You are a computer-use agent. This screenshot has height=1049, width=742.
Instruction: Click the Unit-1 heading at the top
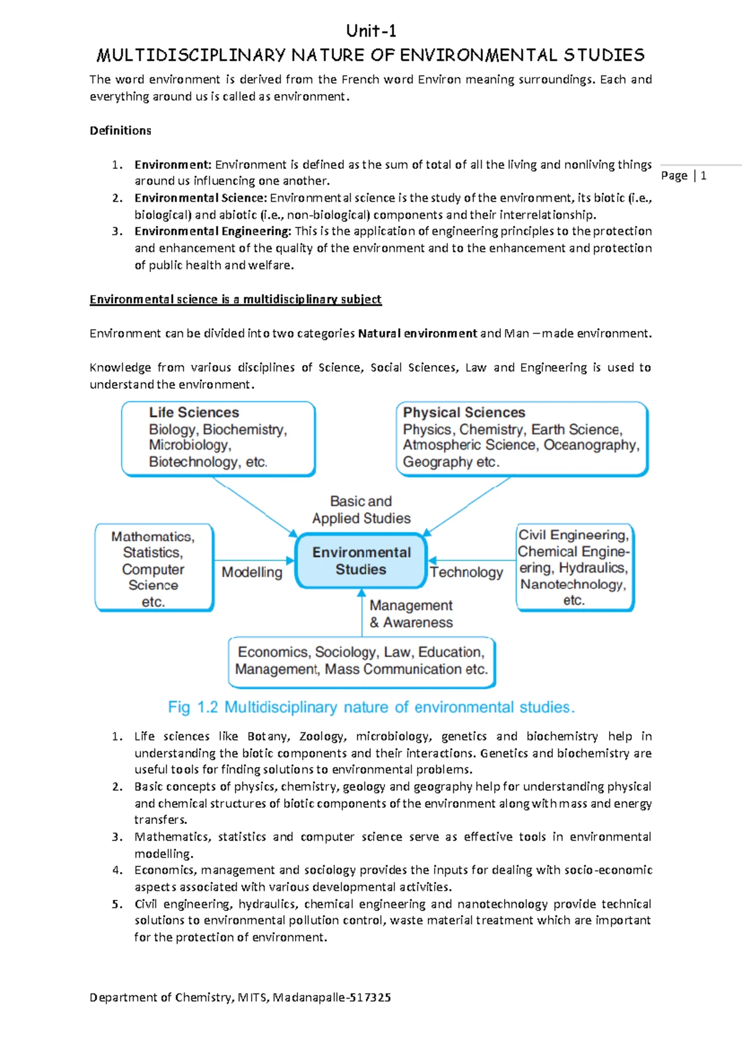371,31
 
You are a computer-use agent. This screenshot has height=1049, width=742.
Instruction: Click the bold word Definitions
121,131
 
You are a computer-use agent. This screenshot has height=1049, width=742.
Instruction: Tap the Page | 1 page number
683,176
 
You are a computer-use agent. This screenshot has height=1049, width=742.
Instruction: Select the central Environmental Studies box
361,561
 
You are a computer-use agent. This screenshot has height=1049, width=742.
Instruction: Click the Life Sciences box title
194,413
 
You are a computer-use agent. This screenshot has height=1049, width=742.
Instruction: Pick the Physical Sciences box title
464,413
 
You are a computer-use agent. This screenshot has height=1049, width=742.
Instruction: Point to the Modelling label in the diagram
252,572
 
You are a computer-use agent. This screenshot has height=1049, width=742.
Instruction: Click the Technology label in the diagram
466,572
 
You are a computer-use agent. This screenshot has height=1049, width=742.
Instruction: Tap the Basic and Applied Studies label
361,510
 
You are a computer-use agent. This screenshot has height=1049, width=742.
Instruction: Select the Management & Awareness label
411,614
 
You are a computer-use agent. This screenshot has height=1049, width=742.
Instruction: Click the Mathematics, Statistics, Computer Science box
153,568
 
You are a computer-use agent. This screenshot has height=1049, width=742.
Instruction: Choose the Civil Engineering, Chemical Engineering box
574,567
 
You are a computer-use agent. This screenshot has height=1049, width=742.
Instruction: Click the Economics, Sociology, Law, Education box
362,661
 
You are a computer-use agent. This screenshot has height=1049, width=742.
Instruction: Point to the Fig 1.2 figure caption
371,707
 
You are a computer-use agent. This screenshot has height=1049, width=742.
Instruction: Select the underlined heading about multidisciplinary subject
236,299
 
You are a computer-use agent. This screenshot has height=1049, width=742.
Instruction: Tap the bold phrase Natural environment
417,333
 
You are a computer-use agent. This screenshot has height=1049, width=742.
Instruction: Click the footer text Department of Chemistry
240,997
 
